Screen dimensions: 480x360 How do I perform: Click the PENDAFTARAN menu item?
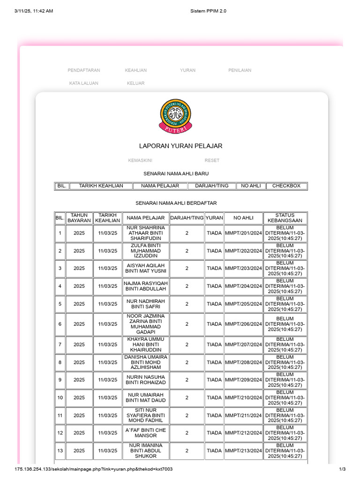(x=84, y=70)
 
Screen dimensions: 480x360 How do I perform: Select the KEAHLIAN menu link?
(x=135, y=70)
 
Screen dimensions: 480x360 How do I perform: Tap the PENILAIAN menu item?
(x=240, y=70)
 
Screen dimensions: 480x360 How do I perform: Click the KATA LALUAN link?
(x=84, y=83)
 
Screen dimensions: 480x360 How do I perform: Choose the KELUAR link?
(x=135, y=83)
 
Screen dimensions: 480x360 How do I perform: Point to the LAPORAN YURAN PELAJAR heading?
(x=180, y=146)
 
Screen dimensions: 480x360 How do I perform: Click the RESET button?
(x=212, y=160)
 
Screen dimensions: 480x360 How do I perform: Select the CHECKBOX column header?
(x=286, y=186)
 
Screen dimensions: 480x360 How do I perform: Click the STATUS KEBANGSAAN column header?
(x=285, y=218)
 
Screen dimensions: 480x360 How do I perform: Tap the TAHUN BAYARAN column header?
(x=79, y=218)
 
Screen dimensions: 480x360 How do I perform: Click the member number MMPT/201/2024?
(x=244, y=233)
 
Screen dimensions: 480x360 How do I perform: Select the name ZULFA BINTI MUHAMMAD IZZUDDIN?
(x=146, y=251)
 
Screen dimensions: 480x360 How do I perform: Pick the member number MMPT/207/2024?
(x=244, y=345)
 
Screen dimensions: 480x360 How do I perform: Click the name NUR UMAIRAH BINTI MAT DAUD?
(x=146, y=397)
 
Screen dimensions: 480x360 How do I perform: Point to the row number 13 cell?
(x=60, y=450)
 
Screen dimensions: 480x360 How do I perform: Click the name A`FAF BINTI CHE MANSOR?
(x=146, y=433)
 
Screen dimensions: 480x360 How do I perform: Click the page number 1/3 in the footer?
(x=342, y=469)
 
